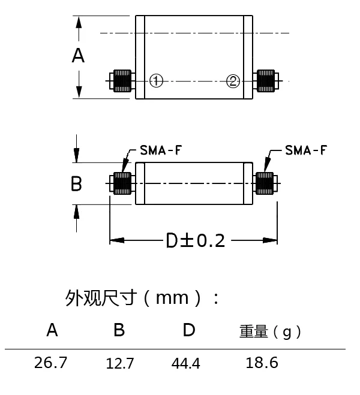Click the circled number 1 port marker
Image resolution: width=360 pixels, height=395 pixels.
156,81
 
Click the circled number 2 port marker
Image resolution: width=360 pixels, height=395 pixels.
233,81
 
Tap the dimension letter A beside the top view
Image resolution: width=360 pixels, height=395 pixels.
78,56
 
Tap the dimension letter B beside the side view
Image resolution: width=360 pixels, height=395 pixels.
76,183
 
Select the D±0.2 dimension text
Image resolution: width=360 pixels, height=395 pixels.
195,241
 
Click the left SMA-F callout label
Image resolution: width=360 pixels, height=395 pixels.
161,150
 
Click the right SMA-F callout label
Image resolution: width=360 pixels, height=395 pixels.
306,150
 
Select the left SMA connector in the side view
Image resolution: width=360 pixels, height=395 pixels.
121,183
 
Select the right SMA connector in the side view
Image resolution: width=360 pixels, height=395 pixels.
266,183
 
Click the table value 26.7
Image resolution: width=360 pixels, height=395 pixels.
52,363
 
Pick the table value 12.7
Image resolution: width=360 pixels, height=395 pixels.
120,363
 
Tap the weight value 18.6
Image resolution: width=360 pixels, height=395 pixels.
262,363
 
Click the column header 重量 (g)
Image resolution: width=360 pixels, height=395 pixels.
270,331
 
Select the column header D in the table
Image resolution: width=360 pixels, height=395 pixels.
188,330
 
